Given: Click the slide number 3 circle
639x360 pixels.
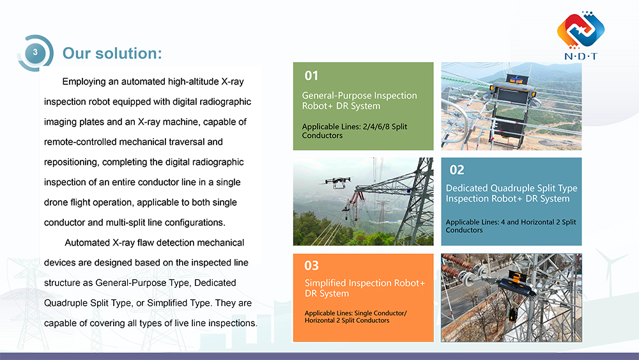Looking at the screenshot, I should coord(35,52).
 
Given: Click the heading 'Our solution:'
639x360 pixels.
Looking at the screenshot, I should coord(112,53).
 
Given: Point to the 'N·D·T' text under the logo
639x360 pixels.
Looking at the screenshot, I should coord(581,56).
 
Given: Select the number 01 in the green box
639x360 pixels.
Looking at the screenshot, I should coord(311,76).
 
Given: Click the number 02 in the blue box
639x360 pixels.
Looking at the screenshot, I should coord(457,170).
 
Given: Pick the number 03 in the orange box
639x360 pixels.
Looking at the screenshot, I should coord(312,265).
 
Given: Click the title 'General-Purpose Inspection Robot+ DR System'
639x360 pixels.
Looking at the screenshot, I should coord(359,101).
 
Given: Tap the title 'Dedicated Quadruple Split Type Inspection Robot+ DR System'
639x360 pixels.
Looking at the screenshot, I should coord(511,193).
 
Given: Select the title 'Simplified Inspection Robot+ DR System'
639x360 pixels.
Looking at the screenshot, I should coord(364,288).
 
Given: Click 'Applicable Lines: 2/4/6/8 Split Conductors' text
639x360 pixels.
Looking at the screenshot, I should coord(354,131).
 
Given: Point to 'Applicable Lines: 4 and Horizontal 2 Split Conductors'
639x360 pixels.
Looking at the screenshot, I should coord(511,226).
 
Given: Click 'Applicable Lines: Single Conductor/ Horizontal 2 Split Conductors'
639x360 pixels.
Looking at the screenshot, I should coord(355,317).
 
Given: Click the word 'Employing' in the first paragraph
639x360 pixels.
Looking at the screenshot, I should coord(84,82).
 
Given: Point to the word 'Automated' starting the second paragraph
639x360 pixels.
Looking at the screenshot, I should coord(88,243).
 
